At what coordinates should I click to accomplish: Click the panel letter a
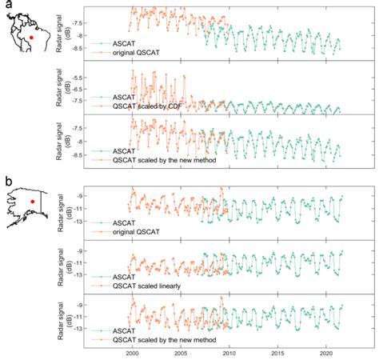tap(7, 6)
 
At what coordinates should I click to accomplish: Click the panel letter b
tap(7, 180)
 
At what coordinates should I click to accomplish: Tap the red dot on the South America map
tap(30, 37)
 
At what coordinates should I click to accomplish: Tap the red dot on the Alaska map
tap(33, 202)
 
